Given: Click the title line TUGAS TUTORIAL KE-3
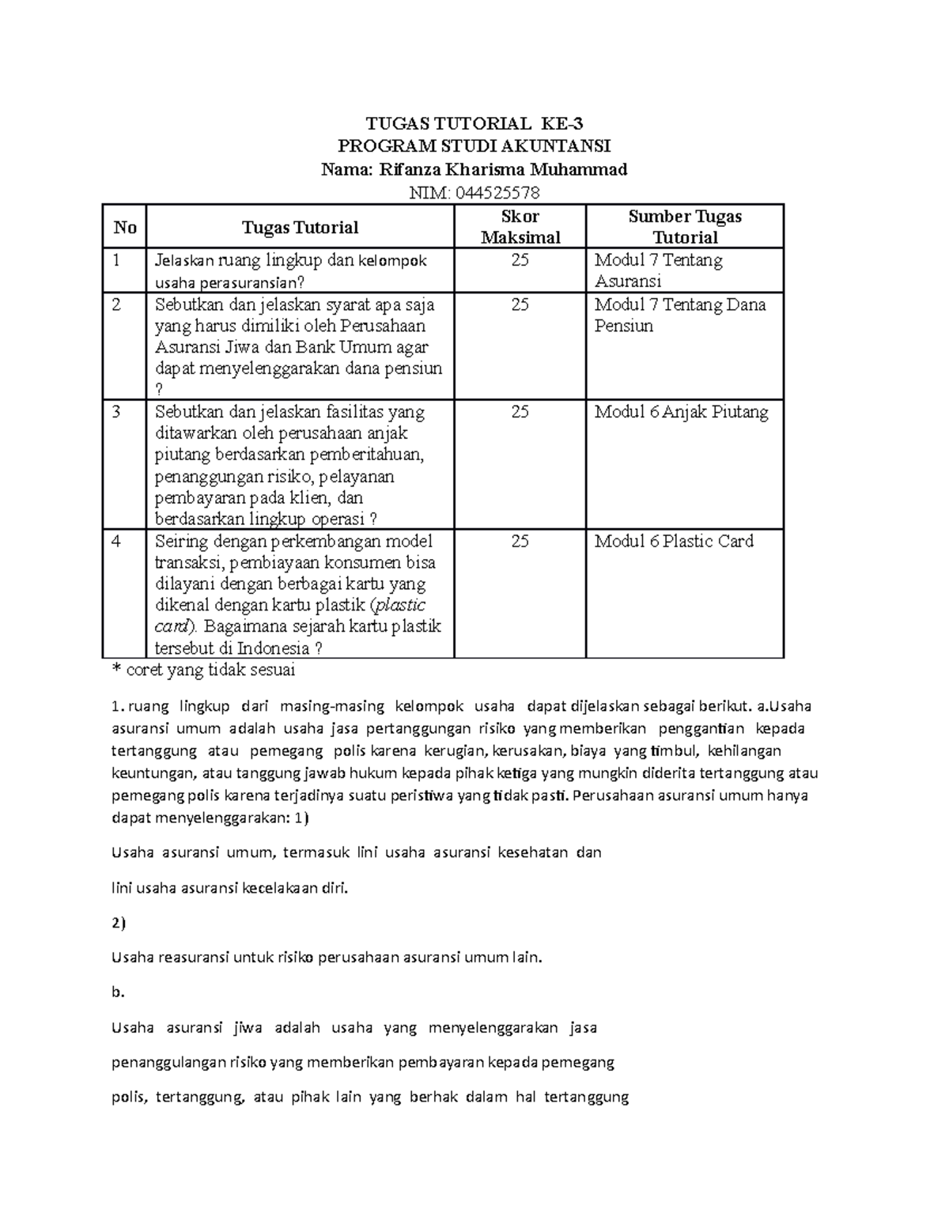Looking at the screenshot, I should point(475,123).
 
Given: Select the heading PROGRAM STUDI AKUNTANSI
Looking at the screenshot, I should point(475,146).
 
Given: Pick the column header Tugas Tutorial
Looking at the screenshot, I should point(300,228).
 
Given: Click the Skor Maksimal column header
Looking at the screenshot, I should point(520,227).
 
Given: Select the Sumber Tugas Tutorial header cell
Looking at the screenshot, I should point(685,227).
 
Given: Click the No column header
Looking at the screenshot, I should point(125,228).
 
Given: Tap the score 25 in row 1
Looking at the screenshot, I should point(520,260).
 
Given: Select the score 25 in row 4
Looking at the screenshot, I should point(520,542).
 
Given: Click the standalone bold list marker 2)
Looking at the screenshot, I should point(119,923).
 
